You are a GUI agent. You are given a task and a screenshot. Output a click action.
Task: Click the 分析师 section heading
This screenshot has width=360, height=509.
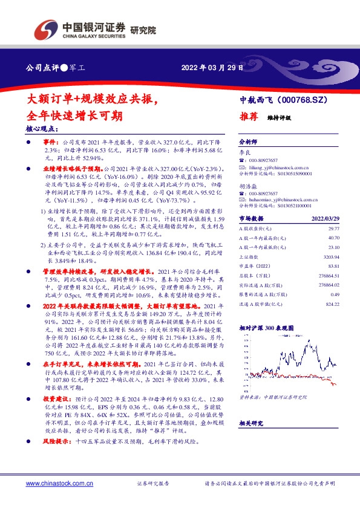248,138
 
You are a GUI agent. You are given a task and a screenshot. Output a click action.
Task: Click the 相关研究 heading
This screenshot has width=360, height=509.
252,424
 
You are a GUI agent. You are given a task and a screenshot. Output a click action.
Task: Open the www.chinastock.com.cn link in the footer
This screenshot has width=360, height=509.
59,484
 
